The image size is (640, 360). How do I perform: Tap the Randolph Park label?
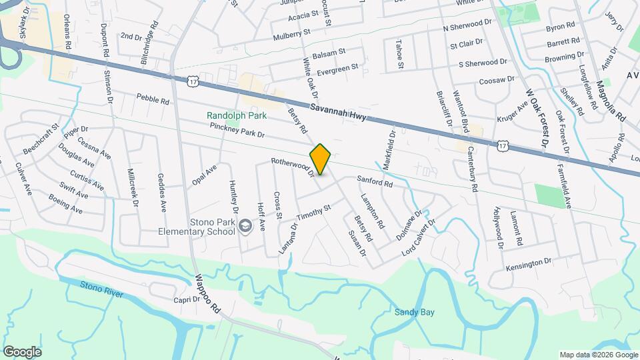pyautogui.click(x=237, y=115)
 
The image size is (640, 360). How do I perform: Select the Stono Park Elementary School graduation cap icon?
pyautogui.click(x=245, y=227)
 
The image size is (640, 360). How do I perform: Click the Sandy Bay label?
pyautogui.click(x=414, y=312)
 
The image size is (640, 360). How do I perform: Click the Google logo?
pyautogui.click(x=22, y=351)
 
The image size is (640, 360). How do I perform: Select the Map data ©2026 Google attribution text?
pyautogui.click(x=598, y=355)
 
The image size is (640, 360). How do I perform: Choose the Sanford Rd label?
pyautogui.click(x=375, y=180)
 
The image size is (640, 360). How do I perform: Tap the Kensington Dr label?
pyautogui.click(x=529, y=263)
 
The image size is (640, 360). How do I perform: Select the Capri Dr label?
pyautogui.click(x=187, y=299)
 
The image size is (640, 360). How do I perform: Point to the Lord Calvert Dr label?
pyautogui.click(x=418, y=237)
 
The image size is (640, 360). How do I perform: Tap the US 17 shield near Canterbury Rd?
pyautogui.click(x=503, y=144)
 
